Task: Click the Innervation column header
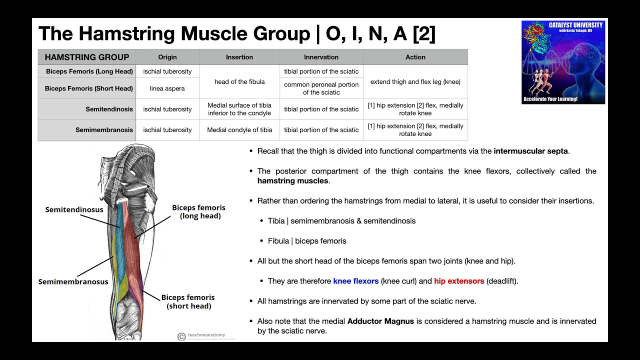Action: pos(321,57)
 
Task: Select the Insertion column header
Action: pos(239,57)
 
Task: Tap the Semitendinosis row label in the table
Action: pos(109,109)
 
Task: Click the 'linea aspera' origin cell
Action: pos(167,88)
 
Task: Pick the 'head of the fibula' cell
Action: pos(239,81)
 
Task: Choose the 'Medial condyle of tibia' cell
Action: pos(239,130)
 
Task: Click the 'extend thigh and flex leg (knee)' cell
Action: pos(415,81)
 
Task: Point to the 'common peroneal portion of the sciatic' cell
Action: pos(321,88)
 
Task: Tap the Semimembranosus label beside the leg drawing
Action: pos(73,281)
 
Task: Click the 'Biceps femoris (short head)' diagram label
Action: pos(188,301)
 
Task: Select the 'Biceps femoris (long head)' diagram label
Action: pos(199,211)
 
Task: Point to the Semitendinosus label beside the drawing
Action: pos(74,209)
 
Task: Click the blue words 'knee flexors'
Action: pos(355,281)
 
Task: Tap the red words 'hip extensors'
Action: pos(459,281)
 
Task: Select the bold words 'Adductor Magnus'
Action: pos(380,321)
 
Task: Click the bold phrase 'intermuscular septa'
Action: pos(530,151)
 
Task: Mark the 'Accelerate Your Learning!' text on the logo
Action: pos(550,99)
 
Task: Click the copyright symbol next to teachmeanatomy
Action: pos(181,336)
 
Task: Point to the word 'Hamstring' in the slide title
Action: pos(126,33)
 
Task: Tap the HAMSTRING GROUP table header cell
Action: pos(87,57)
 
